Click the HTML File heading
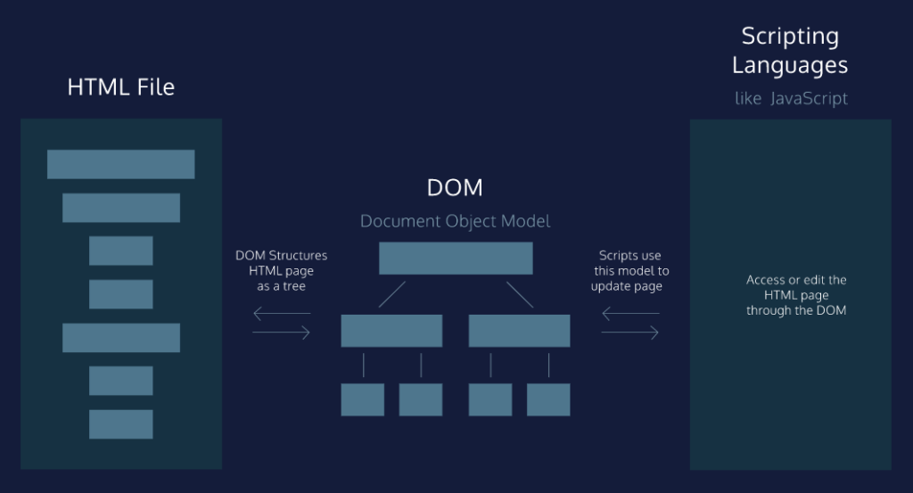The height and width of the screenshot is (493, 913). (121, 87)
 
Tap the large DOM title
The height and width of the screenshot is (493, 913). (455, 188)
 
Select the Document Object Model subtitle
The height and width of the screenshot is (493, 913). (455, 221)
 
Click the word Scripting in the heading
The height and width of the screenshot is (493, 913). (790, 37)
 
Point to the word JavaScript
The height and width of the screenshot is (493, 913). (809, 98)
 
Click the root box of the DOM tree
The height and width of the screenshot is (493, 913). (456, 258)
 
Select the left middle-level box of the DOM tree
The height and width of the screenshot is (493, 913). (391, 330)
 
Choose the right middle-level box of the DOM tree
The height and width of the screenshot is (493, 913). (519, 330)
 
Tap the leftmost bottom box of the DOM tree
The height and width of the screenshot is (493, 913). (363, 399)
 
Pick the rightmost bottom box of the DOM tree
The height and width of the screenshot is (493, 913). (548, 399)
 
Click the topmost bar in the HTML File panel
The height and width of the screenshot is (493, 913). (120, 164)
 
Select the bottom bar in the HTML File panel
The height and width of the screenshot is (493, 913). (120, 423)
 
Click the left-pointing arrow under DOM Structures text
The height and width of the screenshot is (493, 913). (282, 313)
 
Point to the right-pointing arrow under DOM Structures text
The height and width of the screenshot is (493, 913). (282, 333)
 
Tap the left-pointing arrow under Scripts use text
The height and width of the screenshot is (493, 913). (630, 313)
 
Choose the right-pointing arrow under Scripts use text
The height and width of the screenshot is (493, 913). (630, 333)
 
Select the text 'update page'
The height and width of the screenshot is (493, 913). (629, 286)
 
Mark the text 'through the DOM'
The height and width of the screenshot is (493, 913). (796, 311)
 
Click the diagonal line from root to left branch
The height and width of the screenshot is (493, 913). (391, 294)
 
